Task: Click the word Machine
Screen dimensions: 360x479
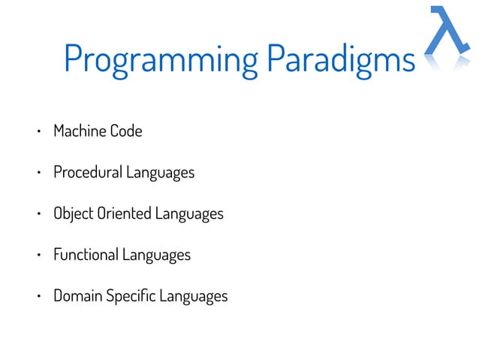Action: [x=80, y=132]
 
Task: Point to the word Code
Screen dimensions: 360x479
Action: [x=126, y=132]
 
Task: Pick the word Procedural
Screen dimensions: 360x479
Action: [x=87, y=173]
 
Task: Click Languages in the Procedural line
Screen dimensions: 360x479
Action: [x=160, y=174]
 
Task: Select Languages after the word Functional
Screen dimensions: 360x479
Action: [x=156, y=256]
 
